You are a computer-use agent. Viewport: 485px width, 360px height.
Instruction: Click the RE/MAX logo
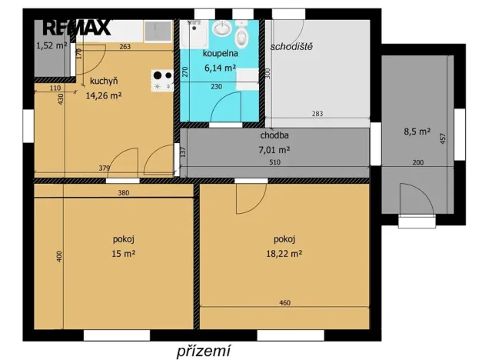click(77, 28)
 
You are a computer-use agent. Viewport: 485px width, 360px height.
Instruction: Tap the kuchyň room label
click(103, 82)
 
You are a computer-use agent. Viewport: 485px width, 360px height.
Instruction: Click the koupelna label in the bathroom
click(220, 54)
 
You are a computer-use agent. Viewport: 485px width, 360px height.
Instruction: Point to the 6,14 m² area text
click(220, 68)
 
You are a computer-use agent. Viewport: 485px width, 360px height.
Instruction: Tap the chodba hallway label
click(274, 135)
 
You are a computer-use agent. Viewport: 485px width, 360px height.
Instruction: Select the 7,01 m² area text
click(274, 149)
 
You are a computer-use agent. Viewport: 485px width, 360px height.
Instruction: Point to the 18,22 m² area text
click(283, 252)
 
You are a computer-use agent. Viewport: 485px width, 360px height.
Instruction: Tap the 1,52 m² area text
click(51, 45)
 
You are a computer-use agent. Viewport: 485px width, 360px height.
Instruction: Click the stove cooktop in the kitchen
click(162, 81)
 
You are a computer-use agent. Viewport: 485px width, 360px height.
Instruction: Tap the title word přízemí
click(203, 351)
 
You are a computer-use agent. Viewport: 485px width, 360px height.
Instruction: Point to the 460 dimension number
click(284, 303)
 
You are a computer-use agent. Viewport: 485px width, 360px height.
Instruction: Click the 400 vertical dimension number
click(58, 257)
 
